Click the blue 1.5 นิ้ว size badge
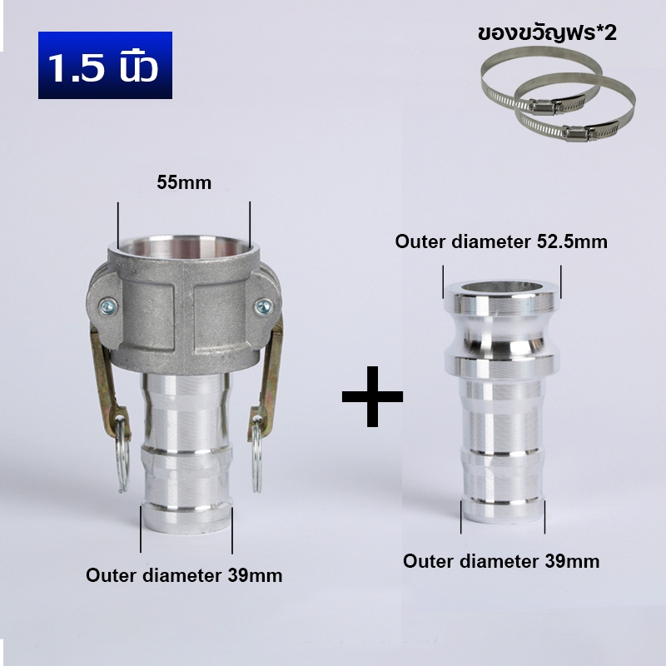[105, 65]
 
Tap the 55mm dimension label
[184, 182]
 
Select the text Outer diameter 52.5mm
[501, 241]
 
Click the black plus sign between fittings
[372, 396]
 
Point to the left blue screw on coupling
[108, 306]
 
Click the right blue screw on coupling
[264, 306]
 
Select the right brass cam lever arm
[266, 378]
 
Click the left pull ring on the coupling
[122, 455]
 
